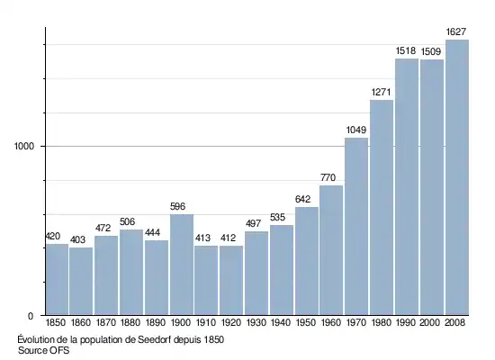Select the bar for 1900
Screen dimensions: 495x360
pos(182,265)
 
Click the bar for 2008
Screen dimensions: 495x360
pos(457,177)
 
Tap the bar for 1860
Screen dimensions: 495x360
pos(81,281)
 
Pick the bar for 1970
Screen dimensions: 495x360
pos(356,227)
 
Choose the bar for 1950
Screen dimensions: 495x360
pos(307,261)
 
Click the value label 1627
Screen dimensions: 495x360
pos(456,31)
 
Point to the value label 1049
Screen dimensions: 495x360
pos(356,130)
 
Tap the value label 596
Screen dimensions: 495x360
pos(177,206)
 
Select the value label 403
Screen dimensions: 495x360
pos(77,240)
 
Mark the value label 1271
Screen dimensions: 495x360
pos(381,92)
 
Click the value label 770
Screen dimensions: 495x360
pos(328,178)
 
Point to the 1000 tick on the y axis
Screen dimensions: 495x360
pos(24,147)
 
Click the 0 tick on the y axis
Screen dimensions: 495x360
pos(31,316)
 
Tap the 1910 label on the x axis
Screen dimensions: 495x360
pos(206,323)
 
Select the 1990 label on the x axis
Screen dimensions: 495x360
pos(406,323)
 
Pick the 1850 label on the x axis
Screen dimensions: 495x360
pos(56,323)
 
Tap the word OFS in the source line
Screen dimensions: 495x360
pos(59,350)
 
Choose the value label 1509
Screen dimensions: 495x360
pos(431,51)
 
